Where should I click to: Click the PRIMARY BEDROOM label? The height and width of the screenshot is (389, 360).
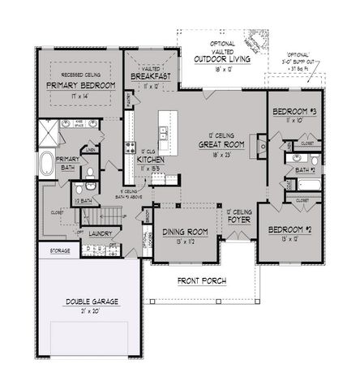[x=78, y=84]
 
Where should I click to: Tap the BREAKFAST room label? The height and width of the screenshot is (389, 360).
[x=151, y=76]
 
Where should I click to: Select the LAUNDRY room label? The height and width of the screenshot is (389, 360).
[x=101, y=233]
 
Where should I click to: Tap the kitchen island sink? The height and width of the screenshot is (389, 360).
[x=164, y=134]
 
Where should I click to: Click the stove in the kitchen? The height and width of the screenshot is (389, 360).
[x=128, y=148]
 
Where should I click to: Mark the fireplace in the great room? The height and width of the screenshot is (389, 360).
[x=261, y=147]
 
